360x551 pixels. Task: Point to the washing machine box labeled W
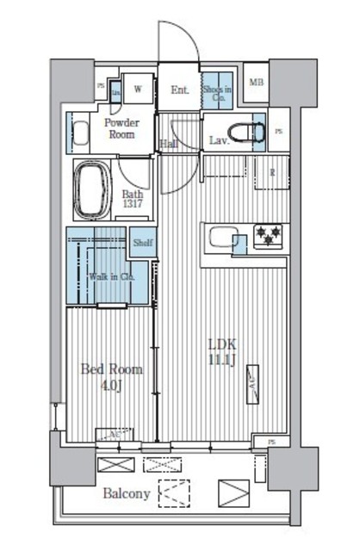point(136,88)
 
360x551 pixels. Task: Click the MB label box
point(256,84)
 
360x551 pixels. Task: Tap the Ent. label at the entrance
point(179,89)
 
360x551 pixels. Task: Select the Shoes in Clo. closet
point(216,90)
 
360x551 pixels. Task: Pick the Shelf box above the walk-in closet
point(142,243)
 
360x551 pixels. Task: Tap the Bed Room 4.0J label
point(111,375)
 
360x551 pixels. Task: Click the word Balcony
point(127,494)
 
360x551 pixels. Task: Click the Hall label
point(170,144)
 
